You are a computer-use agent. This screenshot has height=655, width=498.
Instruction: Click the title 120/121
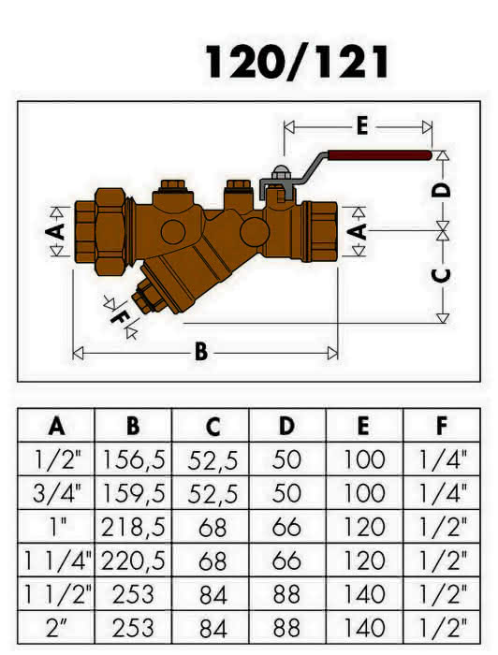298,62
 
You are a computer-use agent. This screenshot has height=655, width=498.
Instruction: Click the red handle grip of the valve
379,155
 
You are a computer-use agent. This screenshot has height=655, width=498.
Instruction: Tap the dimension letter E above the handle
362,125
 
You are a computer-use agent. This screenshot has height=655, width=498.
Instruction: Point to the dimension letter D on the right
442,191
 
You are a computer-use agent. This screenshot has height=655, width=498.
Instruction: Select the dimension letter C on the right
442,275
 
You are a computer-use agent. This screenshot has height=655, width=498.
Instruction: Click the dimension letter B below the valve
201,352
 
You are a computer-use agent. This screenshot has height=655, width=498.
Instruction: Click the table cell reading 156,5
133,459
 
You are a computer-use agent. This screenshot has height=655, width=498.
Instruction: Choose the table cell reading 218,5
133,527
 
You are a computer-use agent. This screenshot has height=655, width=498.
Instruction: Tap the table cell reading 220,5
133,561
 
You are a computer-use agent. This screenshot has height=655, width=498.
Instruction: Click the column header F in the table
442,426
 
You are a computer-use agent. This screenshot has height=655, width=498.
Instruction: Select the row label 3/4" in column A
56,493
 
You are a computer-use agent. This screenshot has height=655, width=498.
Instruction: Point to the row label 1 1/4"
57,561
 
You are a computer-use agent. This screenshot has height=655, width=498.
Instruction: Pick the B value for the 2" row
133,629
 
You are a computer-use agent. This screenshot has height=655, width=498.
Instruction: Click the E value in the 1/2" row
364,459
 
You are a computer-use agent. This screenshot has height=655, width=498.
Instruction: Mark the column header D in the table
287,426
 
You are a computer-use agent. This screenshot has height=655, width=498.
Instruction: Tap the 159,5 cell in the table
133,493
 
